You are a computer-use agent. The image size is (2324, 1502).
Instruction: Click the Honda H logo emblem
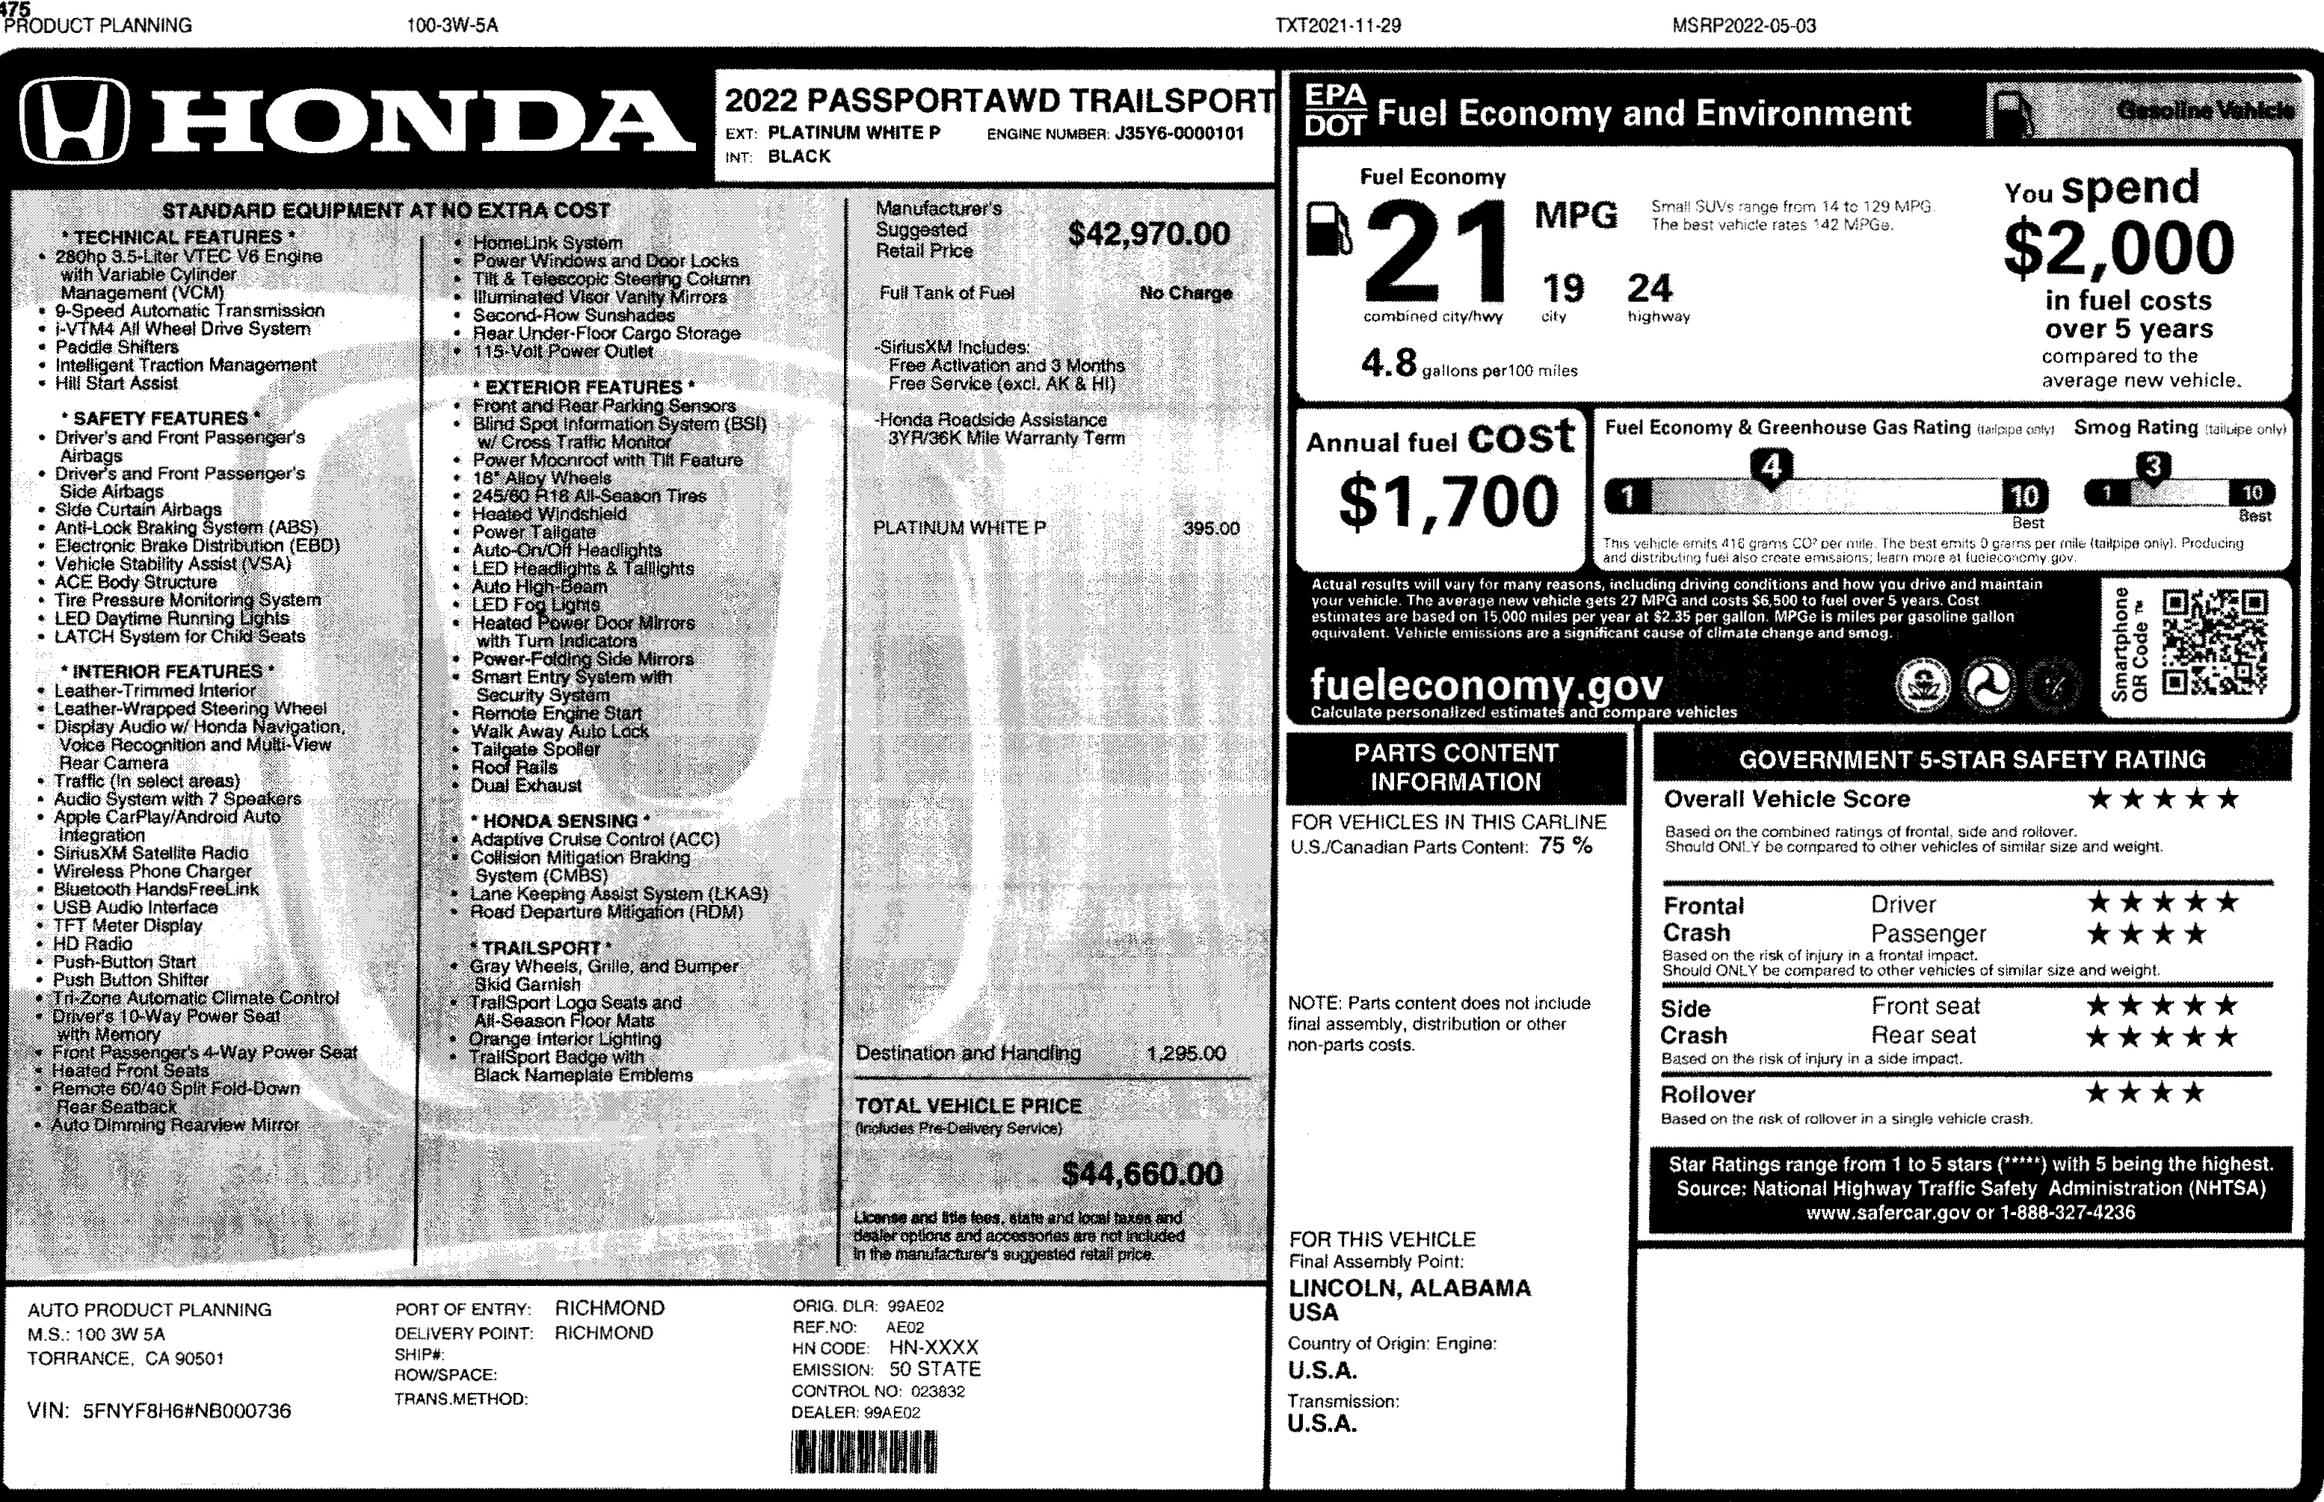pyautogui.click(x=74, y=121)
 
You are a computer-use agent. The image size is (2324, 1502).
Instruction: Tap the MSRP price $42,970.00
pyautogui.click(x=1148, y=234)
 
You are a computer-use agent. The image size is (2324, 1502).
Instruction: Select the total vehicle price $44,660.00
pyautogui.click(x=1141, y=1173)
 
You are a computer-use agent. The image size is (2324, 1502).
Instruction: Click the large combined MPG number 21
pyautogui.click(x=1436, y=252)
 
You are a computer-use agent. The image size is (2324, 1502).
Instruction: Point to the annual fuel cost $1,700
pyautogui.click(x=1448, y=501)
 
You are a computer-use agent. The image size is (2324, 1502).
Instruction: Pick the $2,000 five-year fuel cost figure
pyautogui.click(x=2118, y=248)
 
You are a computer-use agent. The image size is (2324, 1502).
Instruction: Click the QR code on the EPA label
pyautogui.click(x=2215, y=643)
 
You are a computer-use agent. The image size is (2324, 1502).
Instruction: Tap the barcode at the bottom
pyautogui.click(x=863, y=1451)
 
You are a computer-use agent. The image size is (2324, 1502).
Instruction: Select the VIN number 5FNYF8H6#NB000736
pyautogui.click(x=186, y=1410)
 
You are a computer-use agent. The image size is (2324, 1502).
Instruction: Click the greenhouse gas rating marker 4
pyautogui.click(x=1771, y=466)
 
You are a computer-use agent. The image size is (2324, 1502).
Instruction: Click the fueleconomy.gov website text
pyautogui.click(x=1485, y=684)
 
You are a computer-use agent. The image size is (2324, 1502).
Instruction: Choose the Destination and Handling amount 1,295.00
pyautogui.click(x=1186, y=1054)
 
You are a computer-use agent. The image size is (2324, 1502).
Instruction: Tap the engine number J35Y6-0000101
pyautogui.click(x=1179, y=134)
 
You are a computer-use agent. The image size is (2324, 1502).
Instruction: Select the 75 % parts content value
pyautogui.click(x=1565, y=846)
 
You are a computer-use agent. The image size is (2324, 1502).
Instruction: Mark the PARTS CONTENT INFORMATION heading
pyautogui.click(x=1455, y=767)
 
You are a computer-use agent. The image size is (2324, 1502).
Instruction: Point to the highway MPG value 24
pyautogui.click(x=1649, y=288)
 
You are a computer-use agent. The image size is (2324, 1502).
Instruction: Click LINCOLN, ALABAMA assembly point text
pyautogui.click(x=1409, y=1288)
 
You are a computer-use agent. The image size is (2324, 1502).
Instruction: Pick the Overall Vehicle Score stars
pyautogui.click(x=2162, y=800)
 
